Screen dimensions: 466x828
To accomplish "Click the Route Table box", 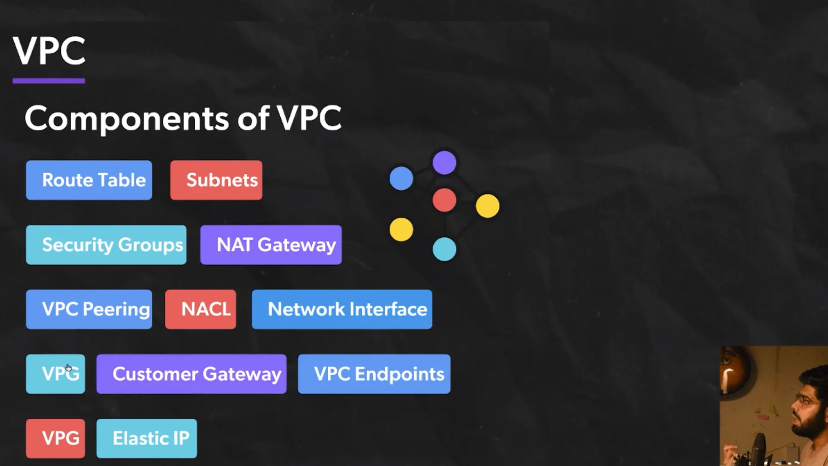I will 89,180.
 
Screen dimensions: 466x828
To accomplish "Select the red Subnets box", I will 216,180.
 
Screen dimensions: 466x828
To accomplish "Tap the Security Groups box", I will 106,245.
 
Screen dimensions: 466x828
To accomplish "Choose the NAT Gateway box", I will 271,245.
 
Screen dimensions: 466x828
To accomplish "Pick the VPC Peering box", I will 89,309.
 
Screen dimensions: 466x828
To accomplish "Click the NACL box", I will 201,309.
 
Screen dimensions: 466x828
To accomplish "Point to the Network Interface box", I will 342,309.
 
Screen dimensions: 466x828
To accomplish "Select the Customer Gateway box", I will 191,374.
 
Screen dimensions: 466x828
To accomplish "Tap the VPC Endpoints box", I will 374,374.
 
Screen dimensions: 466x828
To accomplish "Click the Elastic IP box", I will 147,438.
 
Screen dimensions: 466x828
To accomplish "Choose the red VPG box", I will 55,438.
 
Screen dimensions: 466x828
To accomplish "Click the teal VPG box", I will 55,374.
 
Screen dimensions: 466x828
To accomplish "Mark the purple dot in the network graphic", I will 444,163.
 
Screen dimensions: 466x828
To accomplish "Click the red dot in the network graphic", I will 444,200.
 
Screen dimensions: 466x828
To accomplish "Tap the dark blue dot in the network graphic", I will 401,178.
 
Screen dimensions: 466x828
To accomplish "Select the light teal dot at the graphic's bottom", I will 444,249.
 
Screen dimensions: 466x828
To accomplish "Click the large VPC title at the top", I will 49,51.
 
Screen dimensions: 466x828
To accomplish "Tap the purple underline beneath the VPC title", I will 49,81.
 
